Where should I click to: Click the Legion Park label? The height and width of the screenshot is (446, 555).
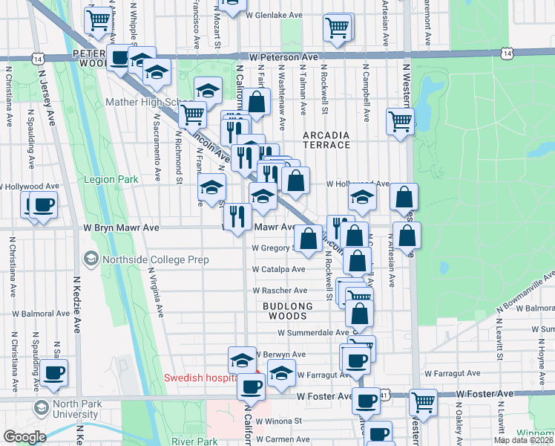(111, 179)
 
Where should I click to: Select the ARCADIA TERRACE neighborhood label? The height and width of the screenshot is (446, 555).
(326, 139)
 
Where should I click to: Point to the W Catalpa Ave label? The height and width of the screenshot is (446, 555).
(278, 269)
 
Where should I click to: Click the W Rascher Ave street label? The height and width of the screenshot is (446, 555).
(280, 291)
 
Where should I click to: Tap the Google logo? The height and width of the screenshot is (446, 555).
(24, 437)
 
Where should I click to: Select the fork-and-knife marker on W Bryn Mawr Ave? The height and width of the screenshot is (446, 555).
(237, 217)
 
